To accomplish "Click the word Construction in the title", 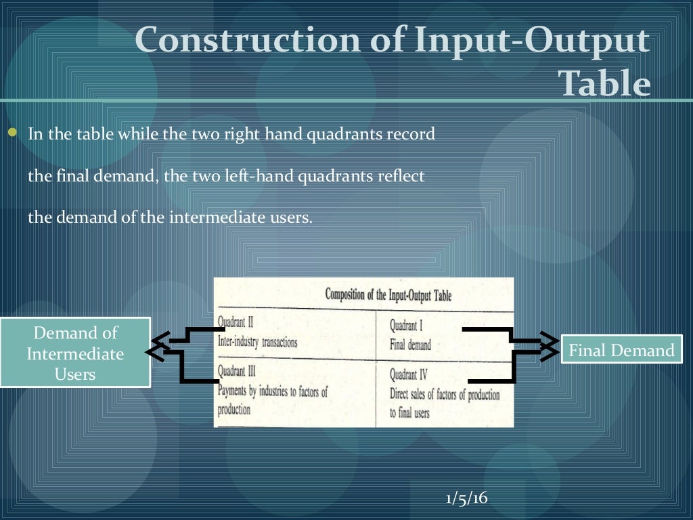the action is coord(248,41).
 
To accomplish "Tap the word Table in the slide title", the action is coord(604,84).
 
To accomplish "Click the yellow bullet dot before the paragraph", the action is coord(12,132).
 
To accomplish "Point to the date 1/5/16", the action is coord(466,498).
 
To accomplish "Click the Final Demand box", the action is coord(621,350).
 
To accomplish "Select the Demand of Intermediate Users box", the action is coord(75,353).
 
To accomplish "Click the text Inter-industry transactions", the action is coord(257,342).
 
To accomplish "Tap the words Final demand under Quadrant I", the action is coord(410,345).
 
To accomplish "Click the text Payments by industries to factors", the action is coord(272,391).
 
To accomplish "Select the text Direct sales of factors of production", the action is coord(444,395).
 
